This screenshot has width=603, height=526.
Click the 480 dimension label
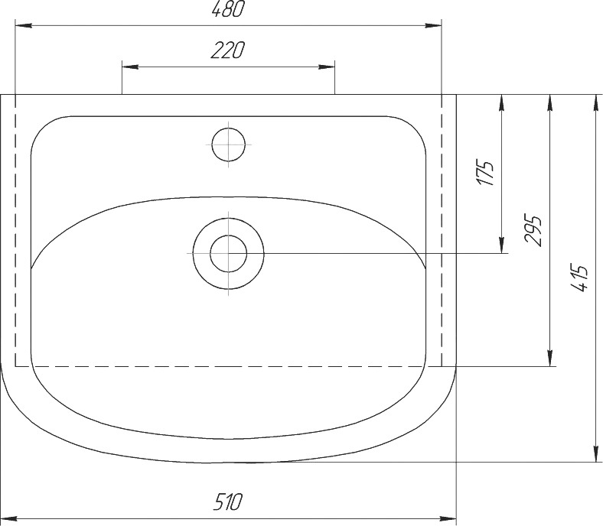click(228, 9)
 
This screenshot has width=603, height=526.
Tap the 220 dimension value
click(228, 50)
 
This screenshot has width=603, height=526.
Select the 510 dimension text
click(229, 502)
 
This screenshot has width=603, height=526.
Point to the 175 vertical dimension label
click(486, 173)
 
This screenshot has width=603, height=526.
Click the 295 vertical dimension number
click(533, 231)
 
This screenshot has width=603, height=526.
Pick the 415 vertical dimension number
click(580, 278)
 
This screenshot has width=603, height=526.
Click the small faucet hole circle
click(229, 144)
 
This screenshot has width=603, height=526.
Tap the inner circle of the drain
click(229, 254)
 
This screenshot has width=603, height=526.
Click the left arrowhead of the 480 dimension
click(23, 26)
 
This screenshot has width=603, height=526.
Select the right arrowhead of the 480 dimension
click(433, 26)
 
